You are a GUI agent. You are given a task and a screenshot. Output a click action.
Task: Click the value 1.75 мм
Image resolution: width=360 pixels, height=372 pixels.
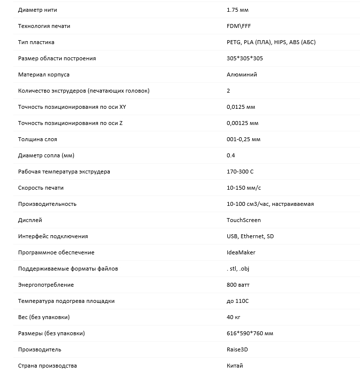click(x=238, y=10)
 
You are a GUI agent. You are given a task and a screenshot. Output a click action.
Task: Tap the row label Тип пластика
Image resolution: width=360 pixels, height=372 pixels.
click(x=36, y=42)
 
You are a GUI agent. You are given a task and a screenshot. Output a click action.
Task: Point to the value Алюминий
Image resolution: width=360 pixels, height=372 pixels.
click(x=242, y=74)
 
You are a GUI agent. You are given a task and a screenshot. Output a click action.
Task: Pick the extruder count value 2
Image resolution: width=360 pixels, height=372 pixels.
click(x=229, y=91)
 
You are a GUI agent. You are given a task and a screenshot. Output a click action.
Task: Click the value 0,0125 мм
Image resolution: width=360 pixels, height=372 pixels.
click(x=241, y=107)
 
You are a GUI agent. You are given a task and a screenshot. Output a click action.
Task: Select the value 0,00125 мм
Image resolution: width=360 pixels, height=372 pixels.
click(x=242, y=123)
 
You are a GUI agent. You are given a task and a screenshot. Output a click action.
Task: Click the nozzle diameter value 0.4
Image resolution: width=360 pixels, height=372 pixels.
click(x=231, y=155)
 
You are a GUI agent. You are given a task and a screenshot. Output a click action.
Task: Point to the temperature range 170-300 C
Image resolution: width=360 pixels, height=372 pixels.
click(x=240, y=172)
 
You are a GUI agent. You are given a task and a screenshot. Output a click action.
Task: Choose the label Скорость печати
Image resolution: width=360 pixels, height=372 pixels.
click(x=41, y=188)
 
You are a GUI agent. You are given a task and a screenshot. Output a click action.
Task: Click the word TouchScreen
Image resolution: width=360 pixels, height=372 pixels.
click(x=244, y=220)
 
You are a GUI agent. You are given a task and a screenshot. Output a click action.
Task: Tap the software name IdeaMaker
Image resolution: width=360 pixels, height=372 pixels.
click(x=241, y=252)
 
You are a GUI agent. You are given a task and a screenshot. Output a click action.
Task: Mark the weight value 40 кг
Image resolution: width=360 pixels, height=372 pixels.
click(x=234, y=317)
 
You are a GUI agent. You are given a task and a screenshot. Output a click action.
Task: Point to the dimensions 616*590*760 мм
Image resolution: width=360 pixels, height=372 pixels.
click(x=250, y=333)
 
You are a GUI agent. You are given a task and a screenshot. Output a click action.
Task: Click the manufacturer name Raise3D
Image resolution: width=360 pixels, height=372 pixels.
click(x=238, y=349)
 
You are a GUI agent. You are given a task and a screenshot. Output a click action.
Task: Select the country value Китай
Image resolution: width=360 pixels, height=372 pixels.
click(x=235, y=366)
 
